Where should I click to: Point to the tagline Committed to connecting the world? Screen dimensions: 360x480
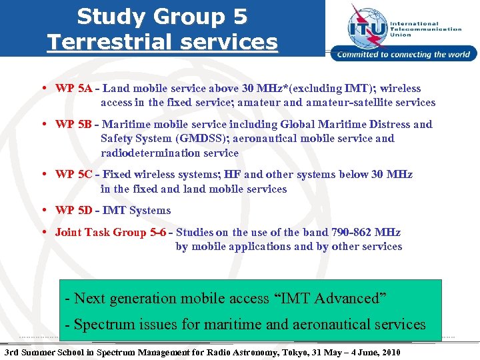(x=404, y=55)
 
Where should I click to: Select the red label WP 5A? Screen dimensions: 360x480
(x=74, y=88)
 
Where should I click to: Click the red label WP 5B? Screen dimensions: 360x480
(x=74, y=124)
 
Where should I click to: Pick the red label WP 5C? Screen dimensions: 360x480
(x=74, y=174)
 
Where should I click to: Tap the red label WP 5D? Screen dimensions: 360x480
(x=74, y=210)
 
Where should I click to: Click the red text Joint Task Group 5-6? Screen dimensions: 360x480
(x=111, y=232)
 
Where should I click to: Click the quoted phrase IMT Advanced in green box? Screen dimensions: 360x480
(x=330, y=298)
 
